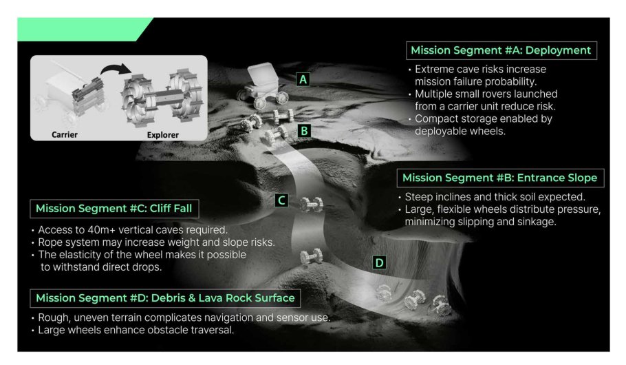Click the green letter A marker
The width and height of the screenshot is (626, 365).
pyautogui.click(x=303, y=80)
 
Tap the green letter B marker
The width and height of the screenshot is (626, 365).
pyautogui.click(x=304, y=131)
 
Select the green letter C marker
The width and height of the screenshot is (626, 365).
pyautogui.click(x=281, y=200)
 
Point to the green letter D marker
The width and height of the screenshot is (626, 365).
pyautogui.click(x=379, y=262)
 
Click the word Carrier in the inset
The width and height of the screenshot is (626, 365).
pyautogui.click(x=65, y=135)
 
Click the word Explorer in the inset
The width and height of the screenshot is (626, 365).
pyautogui.click(x=163, y=135)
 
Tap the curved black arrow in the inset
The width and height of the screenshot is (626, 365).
pyautogui.click(x=115, y=70)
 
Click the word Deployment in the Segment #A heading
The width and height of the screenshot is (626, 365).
pyautogui.click(x=558, y=50)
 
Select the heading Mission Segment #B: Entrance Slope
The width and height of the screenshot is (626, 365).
pyautogui.click(x=500, y=178)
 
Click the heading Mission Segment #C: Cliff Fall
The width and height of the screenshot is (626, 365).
pyautogui.click(x=114, y=208)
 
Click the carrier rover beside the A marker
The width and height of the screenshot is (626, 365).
pyautogui.click(x=263, y=85)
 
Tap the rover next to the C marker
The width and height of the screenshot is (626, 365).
pyautogui.click(x=312, y=204)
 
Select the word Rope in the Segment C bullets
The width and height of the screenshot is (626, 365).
pyautogui.click(x=49, y=242)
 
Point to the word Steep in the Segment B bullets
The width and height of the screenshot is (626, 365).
pyautogui.click(x=418, y=197)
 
